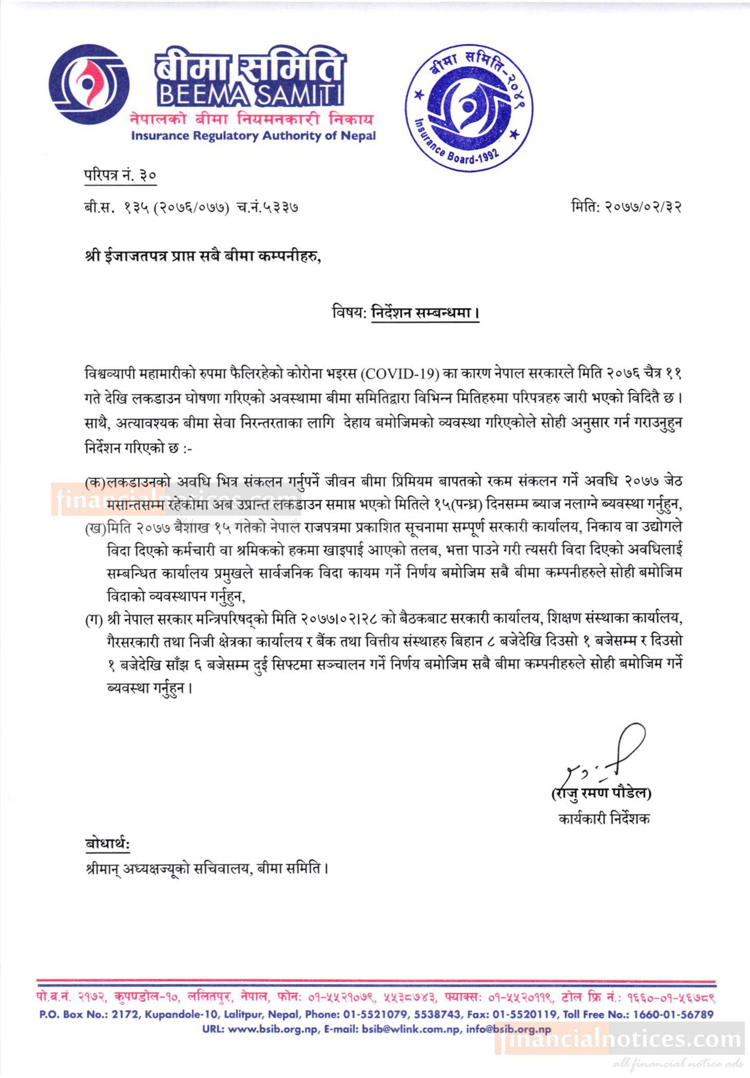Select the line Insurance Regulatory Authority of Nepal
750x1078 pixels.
253,136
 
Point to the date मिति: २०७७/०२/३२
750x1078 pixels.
626,207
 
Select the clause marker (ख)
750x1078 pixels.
95,528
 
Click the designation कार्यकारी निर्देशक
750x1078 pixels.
604,819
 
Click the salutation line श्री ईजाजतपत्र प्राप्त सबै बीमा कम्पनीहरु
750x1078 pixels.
203,256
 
